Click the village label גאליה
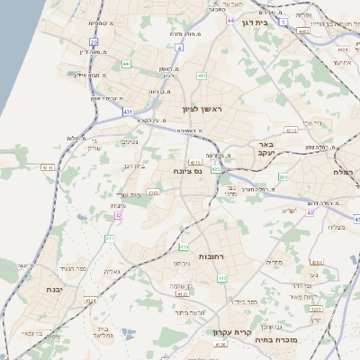pyautogui.click(x=111, y=271)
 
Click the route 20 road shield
pyautogui.click(x=94, y=41)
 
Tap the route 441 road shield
pyautogui.click(x=126, y=64)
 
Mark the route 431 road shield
pyautogui.click(x=128, y=112)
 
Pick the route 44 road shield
pyautogui.click(x=231, y=19)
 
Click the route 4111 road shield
pyautogui.click(x=48, y=167)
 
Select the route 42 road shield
pyautogui.click(x=120, y=216)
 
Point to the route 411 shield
pyautogui.click(x=110, y=238)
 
